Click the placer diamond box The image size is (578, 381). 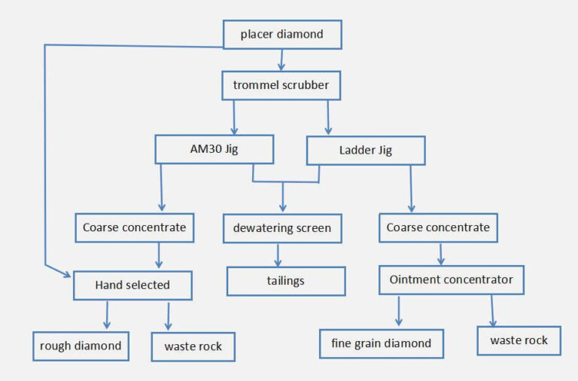pyautogui.click(x=282, y=35)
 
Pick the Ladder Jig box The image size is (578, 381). pyautogui.click(x=365, y=150)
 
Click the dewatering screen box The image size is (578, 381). pyautogui.click(x=282, y=228)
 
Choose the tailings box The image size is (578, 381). pyautogui.click(x=286, y=281)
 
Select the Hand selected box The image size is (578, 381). pyautogui.click(x=132, y=285)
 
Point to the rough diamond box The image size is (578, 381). pyautogui.click(x=81, y=346)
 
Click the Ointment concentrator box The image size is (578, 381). pyautogui.click(x=451, y=279)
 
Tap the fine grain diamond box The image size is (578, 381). pyautogui.click(x=382, y=343)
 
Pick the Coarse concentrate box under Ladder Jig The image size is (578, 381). pyautogui.click(x=437, y=227)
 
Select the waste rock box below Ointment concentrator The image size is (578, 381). pyautogui.click(x=519, y=340)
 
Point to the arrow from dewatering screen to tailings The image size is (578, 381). pyautogui.click(x=284, y=255)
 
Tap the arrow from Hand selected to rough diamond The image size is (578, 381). pyautogui.click(x=107, y=315)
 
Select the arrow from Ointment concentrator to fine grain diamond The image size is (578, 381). pyautogui.click(x=399, y=311)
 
